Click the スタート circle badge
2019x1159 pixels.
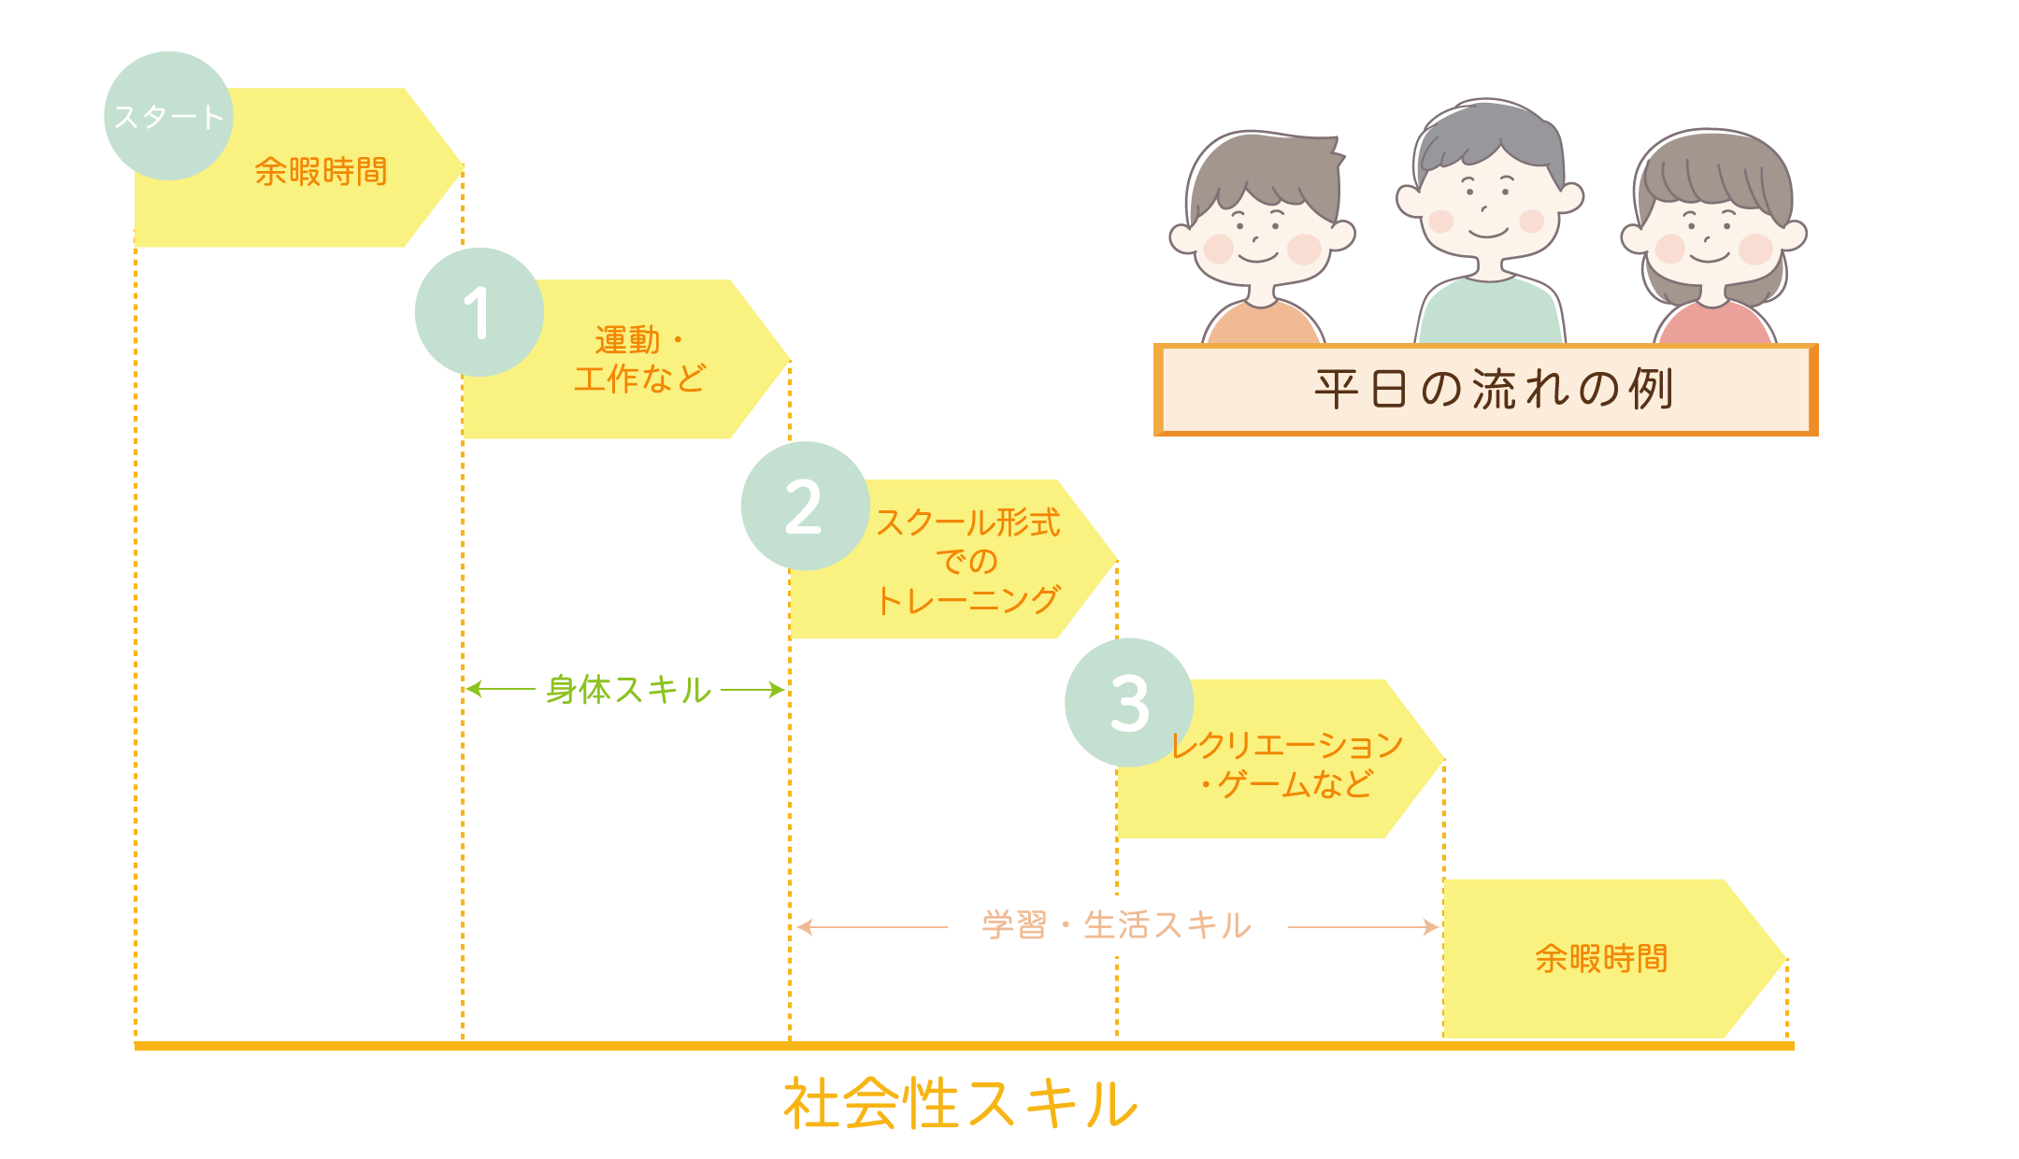point(168,116)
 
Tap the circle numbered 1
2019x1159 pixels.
point(479,312)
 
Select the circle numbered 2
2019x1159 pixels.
point(805,507)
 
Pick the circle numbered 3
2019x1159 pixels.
point(1129,703)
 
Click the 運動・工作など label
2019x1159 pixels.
point(639,360)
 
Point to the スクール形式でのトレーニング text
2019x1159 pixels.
point(967,561)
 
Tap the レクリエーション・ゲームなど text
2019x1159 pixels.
point(1287,765)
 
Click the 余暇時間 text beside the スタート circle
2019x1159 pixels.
point(321,172)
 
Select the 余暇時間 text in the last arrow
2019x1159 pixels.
point(1601,959)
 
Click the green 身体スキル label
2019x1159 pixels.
point(628,690)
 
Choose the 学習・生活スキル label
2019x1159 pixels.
point(1116,925)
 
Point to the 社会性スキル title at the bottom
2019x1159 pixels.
point(960,1104)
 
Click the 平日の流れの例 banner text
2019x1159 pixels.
point(1493,389)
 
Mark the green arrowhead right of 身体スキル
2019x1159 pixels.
point(779,690)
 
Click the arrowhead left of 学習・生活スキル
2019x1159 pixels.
point(802,926)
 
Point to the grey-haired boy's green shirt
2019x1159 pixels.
point(1490,313)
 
